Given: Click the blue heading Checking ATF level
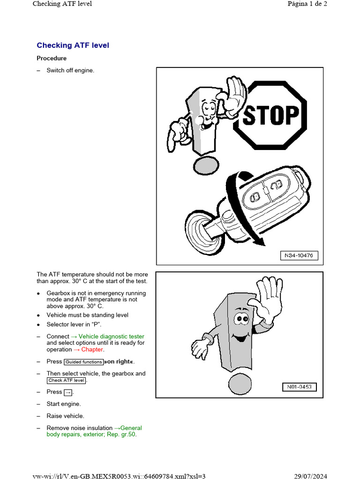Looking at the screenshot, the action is (73, 45).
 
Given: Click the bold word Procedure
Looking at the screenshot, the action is (52, 58).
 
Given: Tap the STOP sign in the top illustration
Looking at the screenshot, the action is (270, 115).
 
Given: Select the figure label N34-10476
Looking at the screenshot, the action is (299, 255).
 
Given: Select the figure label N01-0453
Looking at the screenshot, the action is (300, 387).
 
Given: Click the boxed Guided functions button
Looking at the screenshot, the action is (83, 362).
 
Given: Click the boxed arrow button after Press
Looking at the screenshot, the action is (68, 392).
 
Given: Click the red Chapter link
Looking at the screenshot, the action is (89, 349).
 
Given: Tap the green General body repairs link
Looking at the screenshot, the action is (94, 431).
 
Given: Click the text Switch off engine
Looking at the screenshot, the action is (70, 70).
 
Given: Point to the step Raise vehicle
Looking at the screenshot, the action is (65, 416).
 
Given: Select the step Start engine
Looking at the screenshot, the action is (64, 404).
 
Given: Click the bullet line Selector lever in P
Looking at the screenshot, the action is (74, 324).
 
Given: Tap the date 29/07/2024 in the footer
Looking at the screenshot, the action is (310, 476).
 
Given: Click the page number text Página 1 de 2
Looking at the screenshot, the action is (307, 4).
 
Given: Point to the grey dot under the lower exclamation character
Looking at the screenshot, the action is (240, 384).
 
